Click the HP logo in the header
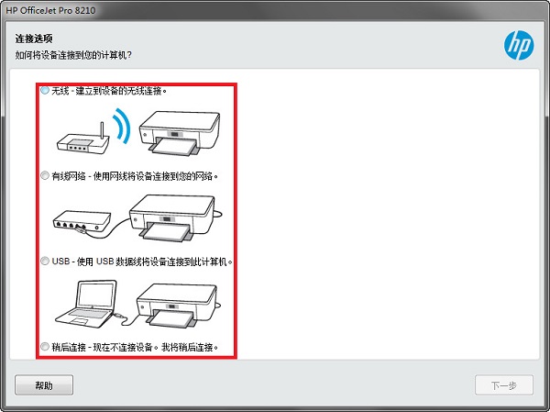518,44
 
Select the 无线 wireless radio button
45,91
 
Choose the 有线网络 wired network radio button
45,174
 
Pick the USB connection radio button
45,261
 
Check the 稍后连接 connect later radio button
45,347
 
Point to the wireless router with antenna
80,139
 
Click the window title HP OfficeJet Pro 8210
50,9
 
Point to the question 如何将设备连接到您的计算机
73,56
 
